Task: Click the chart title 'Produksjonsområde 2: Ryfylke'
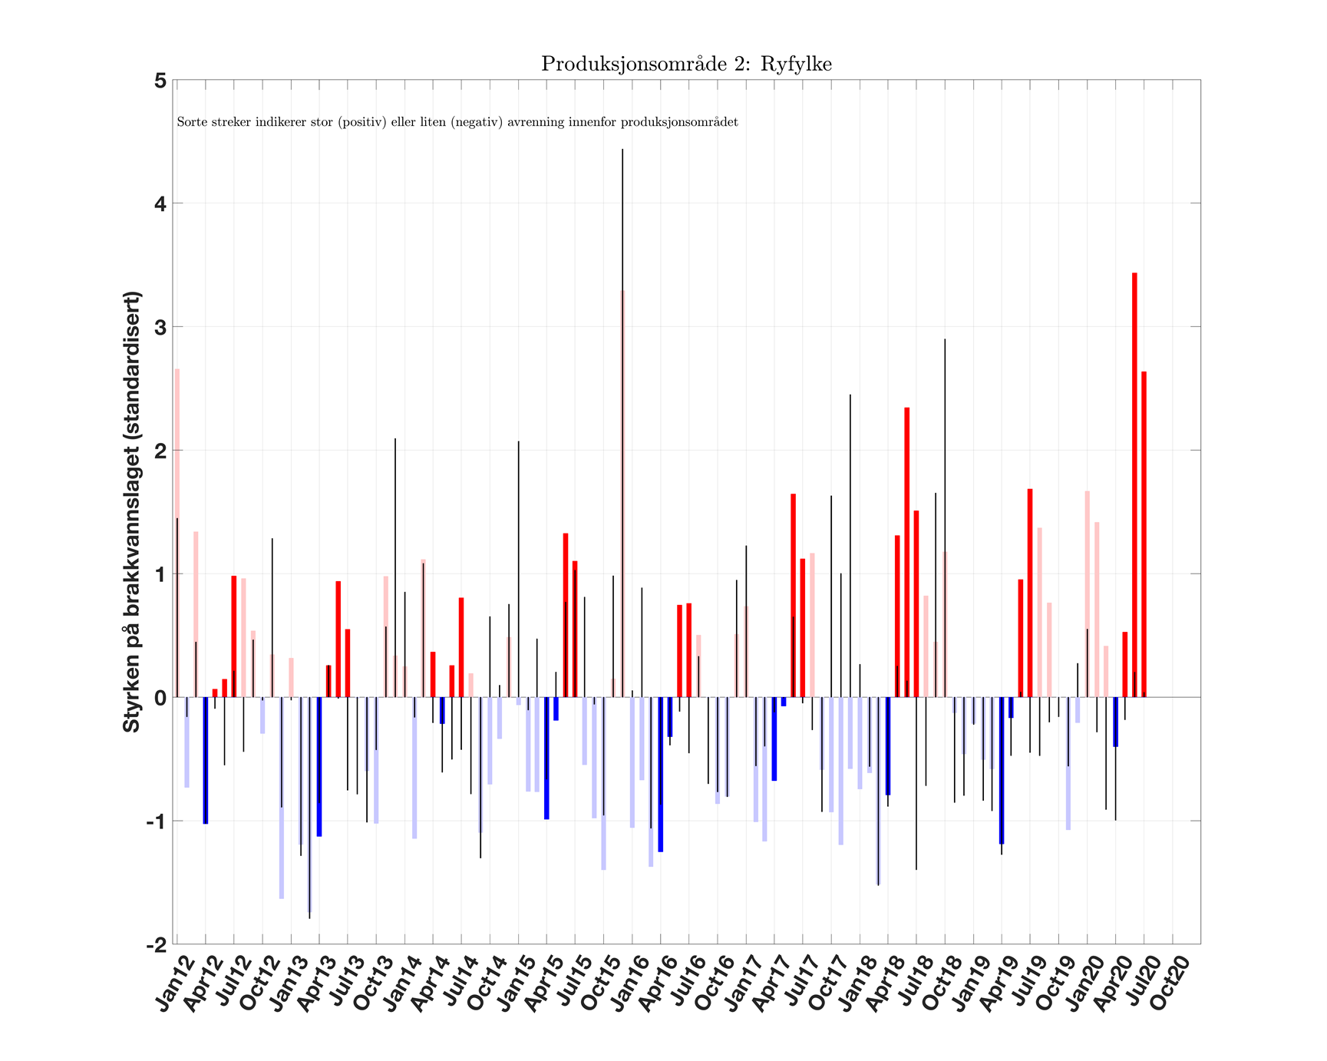pos(686,64)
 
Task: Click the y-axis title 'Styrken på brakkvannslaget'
pos(132,511)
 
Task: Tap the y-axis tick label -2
pos(157,944)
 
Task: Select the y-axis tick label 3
pos(160,327)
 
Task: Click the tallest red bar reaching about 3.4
pos(1134,484)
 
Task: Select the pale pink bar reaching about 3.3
pos(623,491)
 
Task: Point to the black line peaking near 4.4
pos(622,307)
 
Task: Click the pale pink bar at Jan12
pos(177,530)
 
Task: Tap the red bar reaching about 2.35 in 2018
pos(906,553)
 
